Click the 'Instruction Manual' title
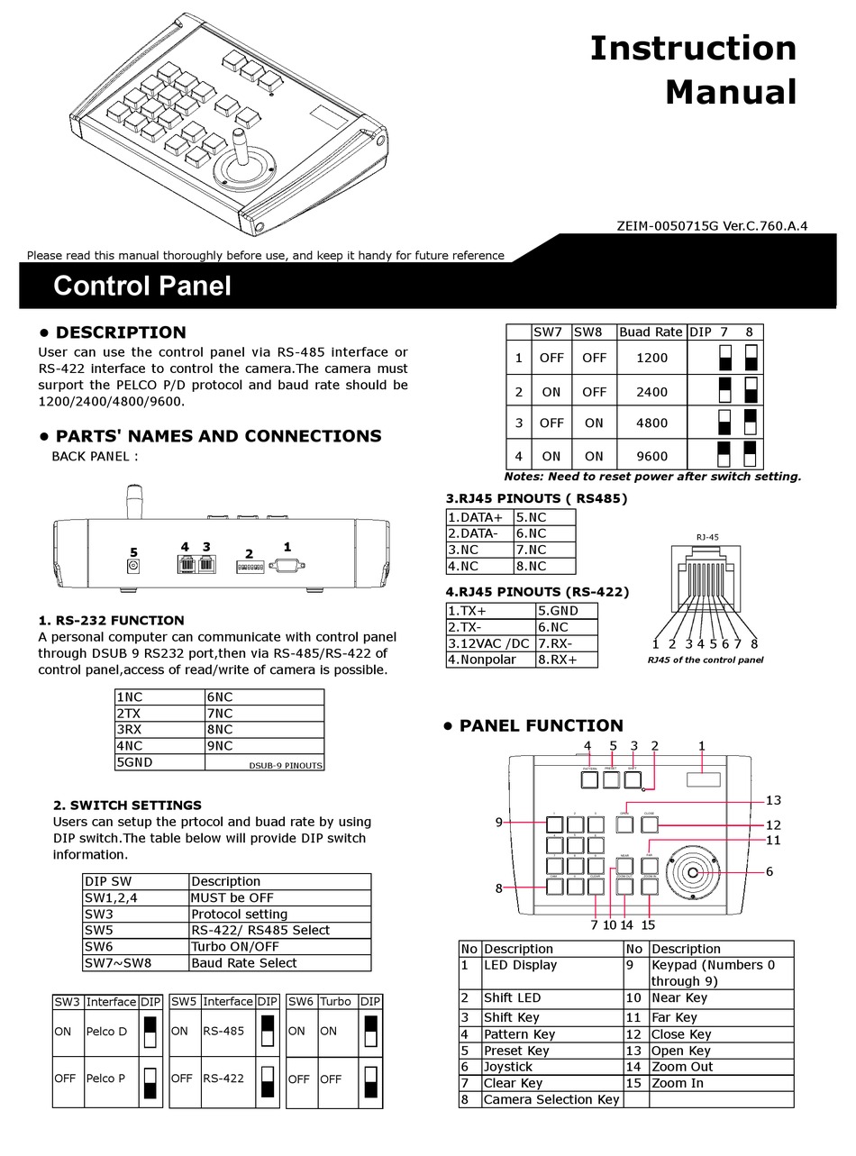693,70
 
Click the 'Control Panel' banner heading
141,286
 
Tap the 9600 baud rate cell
651,456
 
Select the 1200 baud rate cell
651,358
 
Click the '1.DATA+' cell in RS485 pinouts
479,517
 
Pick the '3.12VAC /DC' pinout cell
490,643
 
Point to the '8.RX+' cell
567,660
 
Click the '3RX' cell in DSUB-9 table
159,730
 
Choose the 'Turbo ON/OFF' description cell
235,946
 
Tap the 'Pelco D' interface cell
111,1032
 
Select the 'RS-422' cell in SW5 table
223,1078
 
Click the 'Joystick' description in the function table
508,1067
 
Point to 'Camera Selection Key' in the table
551,1099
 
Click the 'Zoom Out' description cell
682,1067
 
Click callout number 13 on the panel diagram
773,800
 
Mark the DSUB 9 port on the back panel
287,566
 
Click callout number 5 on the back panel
133,551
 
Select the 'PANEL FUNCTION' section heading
541,725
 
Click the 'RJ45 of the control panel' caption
705,660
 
